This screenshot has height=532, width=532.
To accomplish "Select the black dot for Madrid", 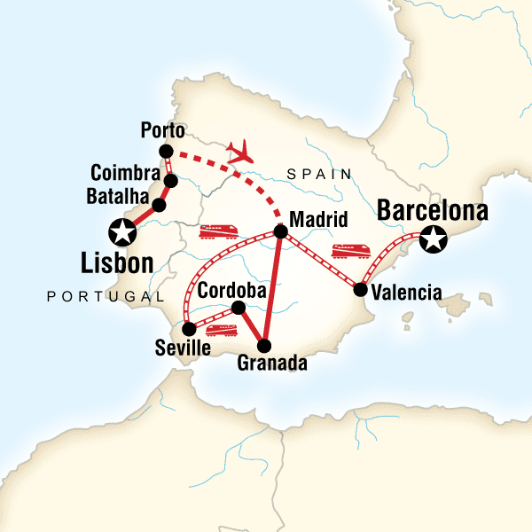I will tap(280, 232).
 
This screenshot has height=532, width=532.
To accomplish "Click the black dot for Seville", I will tap(189, 329).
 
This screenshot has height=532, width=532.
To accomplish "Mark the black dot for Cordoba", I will tap(238, 308).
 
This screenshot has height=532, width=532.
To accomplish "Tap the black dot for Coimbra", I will tap(170, 181).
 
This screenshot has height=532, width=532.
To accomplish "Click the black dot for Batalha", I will tap(159, 206).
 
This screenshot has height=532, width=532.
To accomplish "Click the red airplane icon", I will tap(241, 153).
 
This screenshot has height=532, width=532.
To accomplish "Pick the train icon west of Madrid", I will tap(218, 232).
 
